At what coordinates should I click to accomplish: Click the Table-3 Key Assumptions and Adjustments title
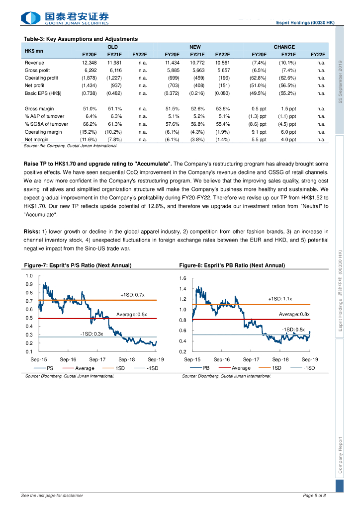point(81,39)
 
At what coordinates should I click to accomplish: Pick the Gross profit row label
point(37,71)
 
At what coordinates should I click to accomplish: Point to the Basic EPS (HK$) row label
point(43,93)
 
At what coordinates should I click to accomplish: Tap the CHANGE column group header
point(284,47)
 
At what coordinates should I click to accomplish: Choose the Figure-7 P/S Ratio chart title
point(78,265)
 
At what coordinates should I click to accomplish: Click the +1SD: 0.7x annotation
point(132,295)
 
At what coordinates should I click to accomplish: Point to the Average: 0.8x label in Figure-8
point(294,314)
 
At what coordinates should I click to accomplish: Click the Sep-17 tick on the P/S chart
point(97,359)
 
